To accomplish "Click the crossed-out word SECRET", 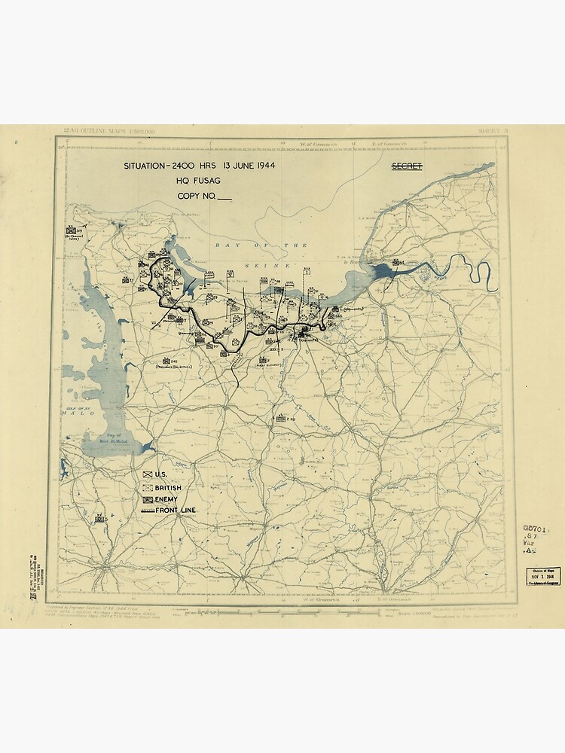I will (x=407, y=166).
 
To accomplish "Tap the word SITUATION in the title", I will (x=149, y=166).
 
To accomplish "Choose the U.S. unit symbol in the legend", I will (x=147, y=475).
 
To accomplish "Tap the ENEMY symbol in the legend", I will (x=147, y=499).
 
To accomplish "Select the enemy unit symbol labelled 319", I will (x=73, y=230).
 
